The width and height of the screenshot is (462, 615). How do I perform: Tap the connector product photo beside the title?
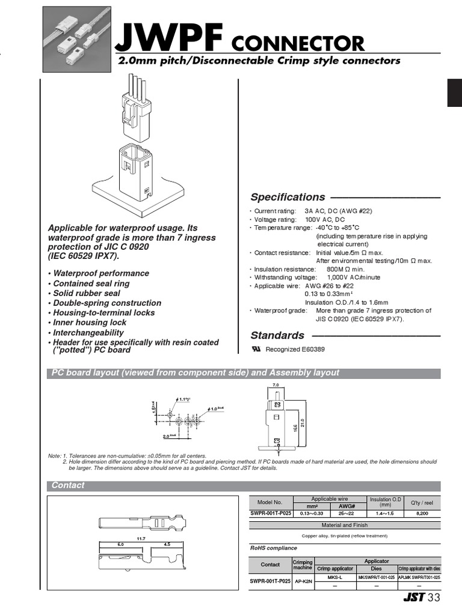click(x=79, y=41)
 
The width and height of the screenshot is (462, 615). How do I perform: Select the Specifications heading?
click(x=288, y=197)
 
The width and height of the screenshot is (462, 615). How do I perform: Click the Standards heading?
click(x=277, y=335)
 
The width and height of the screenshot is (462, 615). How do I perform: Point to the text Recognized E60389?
click(x=291, y=350)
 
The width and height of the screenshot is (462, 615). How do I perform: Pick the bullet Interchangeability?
click(x=88, y=332)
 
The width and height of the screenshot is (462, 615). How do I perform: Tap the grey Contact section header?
click(x=68, y=485)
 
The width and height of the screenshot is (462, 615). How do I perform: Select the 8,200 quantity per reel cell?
click(x=422, y=514)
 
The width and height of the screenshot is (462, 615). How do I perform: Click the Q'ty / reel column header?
click(x=422, y=503)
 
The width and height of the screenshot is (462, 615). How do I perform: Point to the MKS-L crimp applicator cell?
click(x=334, y=577)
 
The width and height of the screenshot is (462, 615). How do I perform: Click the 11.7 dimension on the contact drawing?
click(x=142, y=539)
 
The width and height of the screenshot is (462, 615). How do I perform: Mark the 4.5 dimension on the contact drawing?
click(x=167, y=545)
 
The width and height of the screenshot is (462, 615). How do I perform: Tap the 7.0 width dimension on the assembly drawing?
click(x=276, y=384)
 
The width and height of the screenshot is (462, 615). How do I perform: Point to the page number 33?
click(x=434, y=598)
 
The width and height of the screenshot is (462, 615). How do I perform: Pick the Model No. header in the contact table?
click(x=269, y=502)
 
